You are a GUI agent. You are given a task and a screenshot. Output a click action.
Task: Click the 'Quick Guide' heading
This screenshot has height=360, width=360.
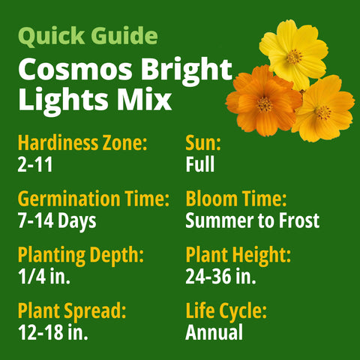point(88,36)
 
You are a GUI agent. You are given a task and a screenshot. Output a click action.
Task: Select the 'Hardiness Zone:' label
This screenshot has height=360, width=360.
point(82,144)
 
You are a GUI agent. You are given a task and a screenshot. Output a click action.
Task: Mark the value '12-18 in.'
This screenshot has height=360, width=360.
point(53,332)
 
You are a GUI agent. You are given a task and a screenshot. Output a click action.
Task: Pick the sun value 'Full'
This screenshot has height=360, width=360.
point(200,164)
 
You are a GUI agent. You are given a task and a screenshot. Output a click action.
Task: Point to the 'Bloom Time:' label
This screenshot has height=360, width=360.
point(235,200)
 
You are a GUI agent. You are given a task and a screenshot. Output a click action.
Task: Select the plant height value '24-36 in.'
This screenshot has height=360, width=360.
point(221,277)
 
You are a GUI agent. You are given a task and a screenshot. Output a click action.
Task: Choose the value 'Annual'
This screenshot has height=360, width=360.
point(214,332)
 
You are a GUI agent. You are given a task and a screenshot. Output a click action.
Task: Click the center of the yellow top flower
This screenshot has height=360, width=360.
point(293,55)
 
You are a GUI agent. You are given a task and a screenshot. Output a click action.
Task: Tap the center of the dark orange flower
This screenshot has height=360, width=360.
point(264,103)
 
